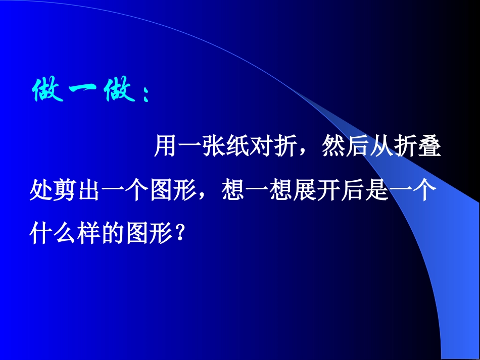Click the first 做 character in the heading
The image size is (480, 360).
point(48,91)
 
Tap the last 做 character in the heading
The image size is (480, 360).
point(120,91)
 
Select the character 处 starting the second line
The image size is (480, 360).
point(41,191)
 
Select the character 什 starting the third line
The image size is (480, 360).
point(41,234)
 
